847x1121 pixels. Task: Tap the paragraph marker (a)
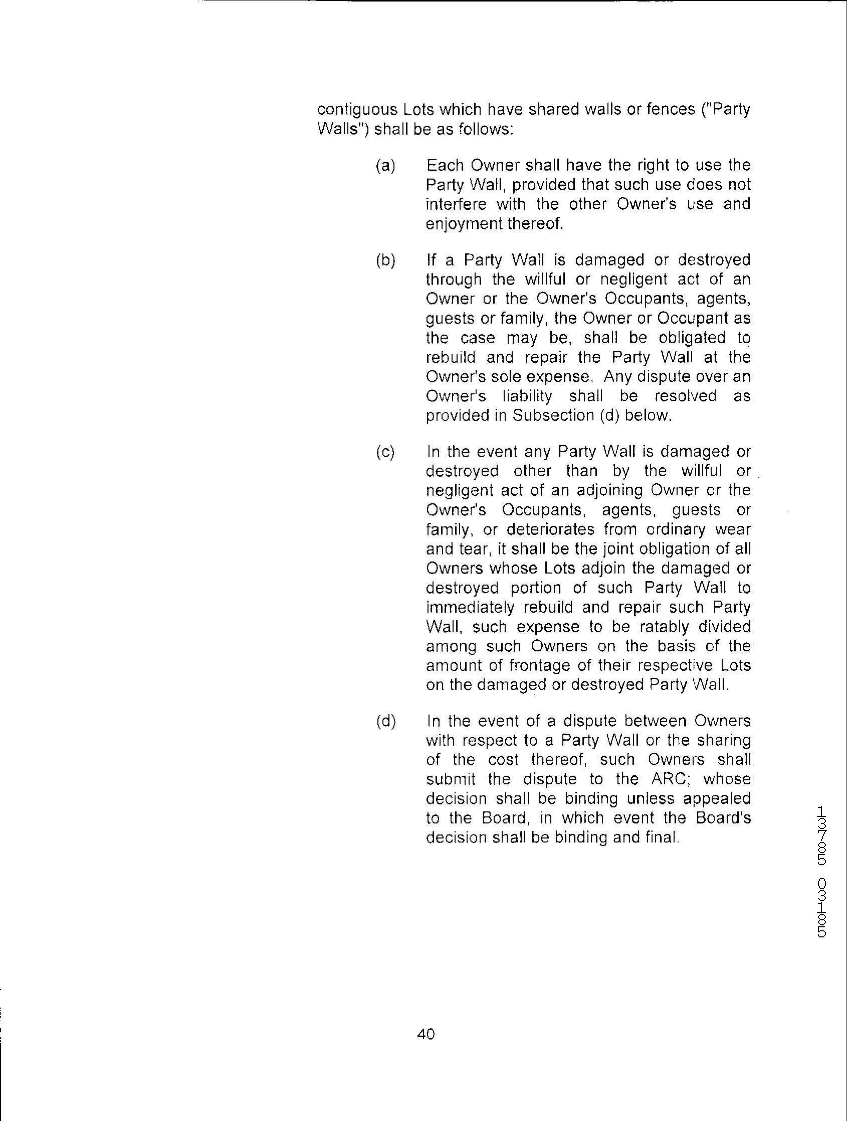[x=385, y=166]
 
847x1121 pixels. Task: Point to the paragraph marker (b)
[x=385, y=260]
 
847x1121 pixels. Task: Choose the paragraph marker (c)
[x=385, y=452]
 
